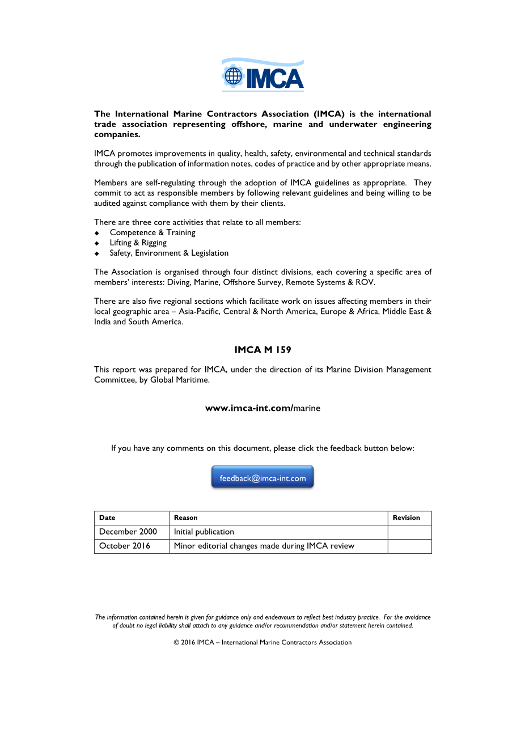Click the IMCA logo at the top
pyautogui.click(x=262, y=75)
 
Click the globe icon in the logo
pyautogui.click(x=233, y=76)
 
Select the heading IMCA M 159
pyautogui.click(x=262, y=350)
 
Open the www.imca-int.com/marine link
pyautogui.click(x=262, y=408)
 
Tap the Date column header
pyautogui.click(x=107, y=518)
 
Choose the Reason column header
pyautogui.click(x=186, y=518)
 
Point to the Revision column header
pyautogui.click(x=407, y=518)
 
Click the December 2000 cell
pyautogui.click(x=128, y=532)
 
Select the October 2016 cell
pyautogui.click(x=125, y=546)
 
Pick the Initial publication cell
pyautogui.click(x=204, y=532)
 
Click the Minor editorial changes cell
pyautogui.click(x=264, y=546)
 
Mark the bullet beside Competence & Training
pyautogui.click(x=97, y=233)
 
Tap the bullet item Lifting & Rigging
pyautogui.click(x=138, y=243)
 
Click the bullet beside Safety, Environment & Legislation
pyautogui.click(x=97, y=253)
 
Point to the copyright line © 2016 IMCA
pyautogui.click(x=262, y=642)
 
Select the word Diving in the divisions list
pyautogui.click(x=178, y=282)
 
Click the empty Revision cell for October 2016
pyautogui.click(x=409, y=546)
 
